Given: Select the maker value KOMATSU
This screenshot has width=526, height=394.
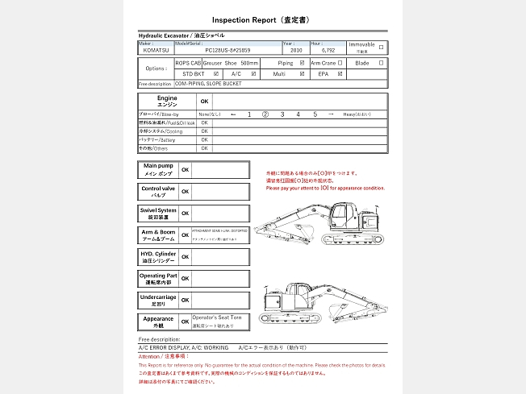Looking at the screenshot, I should tap(157, 50).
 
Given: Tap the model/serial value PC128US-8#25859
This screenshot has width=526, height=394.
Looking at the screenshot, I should tap(233, 50).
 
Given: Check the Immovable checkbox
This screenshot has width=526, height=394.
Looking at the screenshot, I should tap(381, 47).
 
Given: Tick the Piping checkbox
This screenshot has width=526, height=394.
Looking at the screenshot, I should tap(302, 62).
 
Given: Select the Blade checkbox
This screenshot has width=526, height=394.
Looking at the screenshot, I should tap(381, 62).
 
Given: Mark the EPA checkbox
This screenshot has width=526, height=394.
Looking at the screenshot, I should tap(340, 73).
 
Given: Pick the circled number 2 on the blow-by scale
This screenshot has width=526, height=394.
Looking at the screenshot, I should tap(265, 114).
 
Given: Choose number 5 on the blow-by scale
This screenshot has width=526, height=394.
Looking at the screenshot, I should tap(315, 114).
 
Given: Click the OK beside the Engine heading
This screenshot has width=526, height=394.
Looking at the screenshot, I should tap(204, 102).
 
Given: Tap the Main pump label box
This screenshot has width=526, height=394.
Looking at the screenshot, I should tap(158, 169).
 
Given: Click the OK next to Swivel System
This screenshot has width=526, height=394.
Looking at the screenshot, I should tap(186, 214).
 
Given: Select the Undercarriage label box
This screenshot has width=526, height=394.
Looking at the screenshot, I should tap(158, 300).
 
